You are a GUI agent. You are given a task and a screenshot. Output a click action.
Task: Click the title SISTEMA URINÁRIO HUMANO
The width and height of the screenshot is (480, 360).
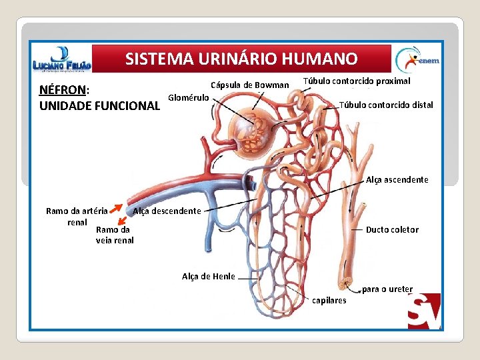click(241, 59)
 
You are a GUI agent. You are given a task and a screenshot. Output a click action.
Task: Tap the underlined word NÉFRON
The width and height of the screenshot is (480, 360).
click(63, 90)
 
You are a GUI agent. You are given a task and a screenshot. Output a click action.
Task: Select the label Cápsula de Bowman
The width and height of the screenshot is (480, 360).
click(249, 85)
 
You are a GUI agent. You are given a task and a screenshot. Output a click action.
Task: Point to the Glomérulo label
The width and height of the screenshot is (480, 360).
click(189, 97)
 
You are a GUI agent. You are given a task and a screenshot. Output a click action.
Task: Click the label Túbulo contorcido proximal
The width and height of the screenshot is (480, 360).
click(357, 81)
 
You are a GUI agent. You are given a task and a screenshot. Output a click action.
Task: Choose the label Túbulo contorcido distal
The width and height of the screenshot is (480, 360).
click(386, 105)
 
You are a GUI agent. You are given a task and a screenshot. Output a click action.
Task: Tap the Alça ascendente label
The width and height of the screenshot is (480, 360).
click(397, 180)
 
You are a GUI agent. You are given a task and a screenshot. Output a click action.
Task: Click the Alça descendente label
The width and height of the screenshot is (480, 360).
click(167, 211)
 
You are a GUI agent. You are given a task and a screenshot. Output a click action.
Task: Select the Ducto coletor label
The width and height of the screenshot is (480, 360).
click(392, 229)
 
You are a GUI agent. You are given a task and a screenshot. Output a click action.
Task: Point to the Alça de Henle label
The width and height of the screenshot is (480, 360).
click(208, 276)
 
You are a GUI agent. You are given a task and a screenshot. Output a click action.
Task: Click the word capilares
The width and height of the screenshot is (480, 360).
click(329, 301)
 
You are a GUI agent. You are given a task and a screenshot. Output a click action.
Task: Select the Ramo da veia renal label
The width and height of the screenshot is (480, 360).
click(115, 235)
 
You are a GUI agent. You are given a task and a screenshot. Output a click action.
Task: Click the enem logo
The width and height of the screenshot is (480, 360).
click(416, 60)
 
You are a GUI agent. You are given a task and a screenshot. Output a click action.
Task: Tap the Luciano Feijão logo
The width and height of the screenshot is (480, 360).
click(61, 60)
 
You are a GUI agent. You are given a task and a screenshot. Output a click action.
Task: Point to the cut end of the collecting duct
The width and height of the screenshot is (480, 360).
click(345, 283)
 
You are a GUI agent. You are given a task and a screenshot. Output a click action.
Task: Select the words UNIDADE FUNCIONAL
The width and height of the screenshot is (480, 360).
click(100, 105)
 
